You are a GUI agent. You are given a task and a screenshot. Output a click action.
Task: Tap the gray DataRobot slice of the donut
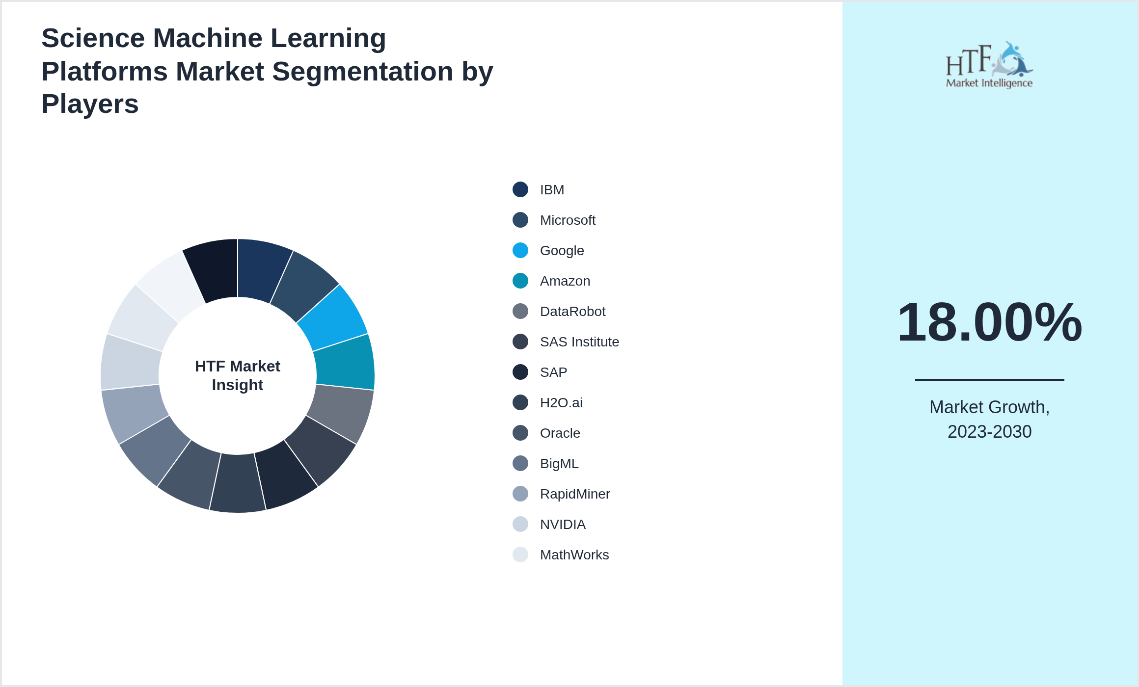pos(339,411)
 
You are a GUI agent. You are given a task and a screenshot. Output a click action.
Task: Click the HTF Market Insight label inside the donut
pos(238,375)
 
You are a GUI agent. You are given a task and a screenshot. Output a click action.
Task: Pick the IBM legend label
pos(552,190)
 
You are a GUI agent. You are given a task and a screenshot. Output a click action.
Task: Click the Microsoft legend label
pos(568,220)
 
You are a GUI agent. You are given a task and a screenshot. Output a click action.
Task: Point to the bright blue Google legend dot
pos(520,250)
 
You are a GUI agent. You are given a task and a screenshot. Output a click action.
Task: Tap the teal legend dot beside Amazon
pos(520,281)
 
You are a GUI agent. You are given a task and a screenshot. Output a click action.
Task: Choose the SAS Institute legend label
pos(579,342)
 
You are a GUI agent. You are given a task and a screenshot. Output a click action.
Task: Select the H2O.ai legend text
pos(561,403)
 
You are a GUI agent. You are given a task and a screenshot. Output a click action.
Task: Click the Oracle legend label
pos(560,433)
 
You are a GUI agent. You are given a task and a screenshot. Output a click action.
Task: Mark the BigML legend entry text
pos(559,464)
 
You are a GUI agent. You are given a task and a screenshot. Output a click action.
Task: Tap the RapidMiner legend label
pos(575,494)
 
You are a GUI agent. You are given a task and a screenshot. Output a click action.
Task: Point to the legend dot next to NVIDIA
pos(520,524)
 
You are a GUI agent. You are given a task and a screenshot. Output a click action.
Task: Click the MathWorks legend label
pos(574,555)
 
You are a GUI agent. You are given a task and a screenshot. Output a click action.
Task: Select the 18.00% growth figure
pos(989,322)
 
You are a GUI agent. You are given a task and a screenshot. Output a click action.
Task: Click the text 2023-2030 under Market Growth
pos(989,432)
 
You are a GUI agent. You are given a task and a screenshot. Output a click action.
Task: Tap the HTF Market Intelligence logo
pos(989,65)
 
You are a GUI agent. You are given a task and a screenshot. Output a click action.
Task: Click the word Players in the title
pos(90,104)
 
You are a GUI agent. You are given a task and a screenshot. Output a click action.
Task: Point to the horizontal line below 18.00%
pos(989,379)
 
